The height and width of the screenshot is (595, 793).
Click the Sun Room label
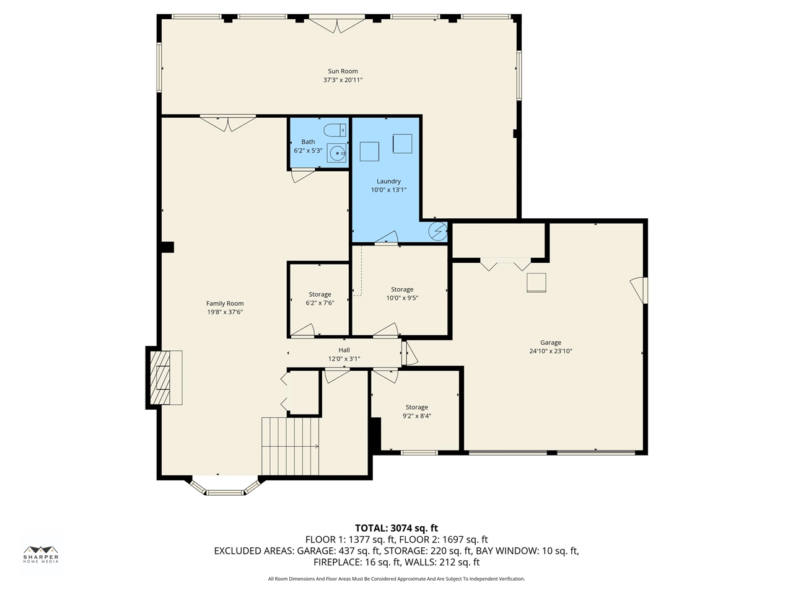click(343, 71)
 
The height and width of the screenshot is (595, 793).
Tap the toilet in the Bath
click(335, 130)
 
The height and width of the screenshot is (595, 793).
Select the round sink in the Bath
click(336, 153)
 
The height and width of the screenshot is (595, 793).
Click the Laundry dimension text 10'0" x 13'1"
click(388, 190)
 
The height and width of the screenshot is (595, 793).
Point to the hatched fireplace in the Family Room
click(160, 377)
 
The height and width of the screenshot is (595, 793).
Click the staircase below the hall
click(290, 446)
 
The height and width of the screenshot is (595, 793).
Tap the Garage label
click(551, 343)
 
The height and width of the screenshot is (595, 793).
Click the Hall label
click(344, 350)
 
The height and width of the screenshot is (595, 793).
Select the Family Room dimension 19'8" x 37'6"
click(225, 312)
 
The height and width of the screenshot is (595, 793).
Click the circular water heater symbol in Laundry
click(438, 231)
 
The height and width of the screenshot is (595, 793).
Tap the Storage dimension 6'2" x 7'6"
click(320, 302)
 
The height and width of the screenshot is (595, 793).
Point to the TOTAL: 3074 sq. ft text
click(396, 528)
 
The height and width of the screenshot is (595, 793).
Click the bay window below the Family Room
click(226, 487)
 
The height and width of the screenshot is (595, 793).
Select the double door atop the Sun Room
click(337, 24)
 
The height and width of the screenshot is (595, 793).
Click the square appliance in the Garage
click(536, 283)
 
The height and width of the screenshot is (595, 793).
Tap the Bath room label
click(308, 142)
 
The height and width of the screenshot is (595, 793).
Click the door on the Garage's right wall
click(639, 290)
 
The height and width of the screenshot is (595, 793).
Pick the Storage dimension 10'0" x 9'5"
click(402, 298)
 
